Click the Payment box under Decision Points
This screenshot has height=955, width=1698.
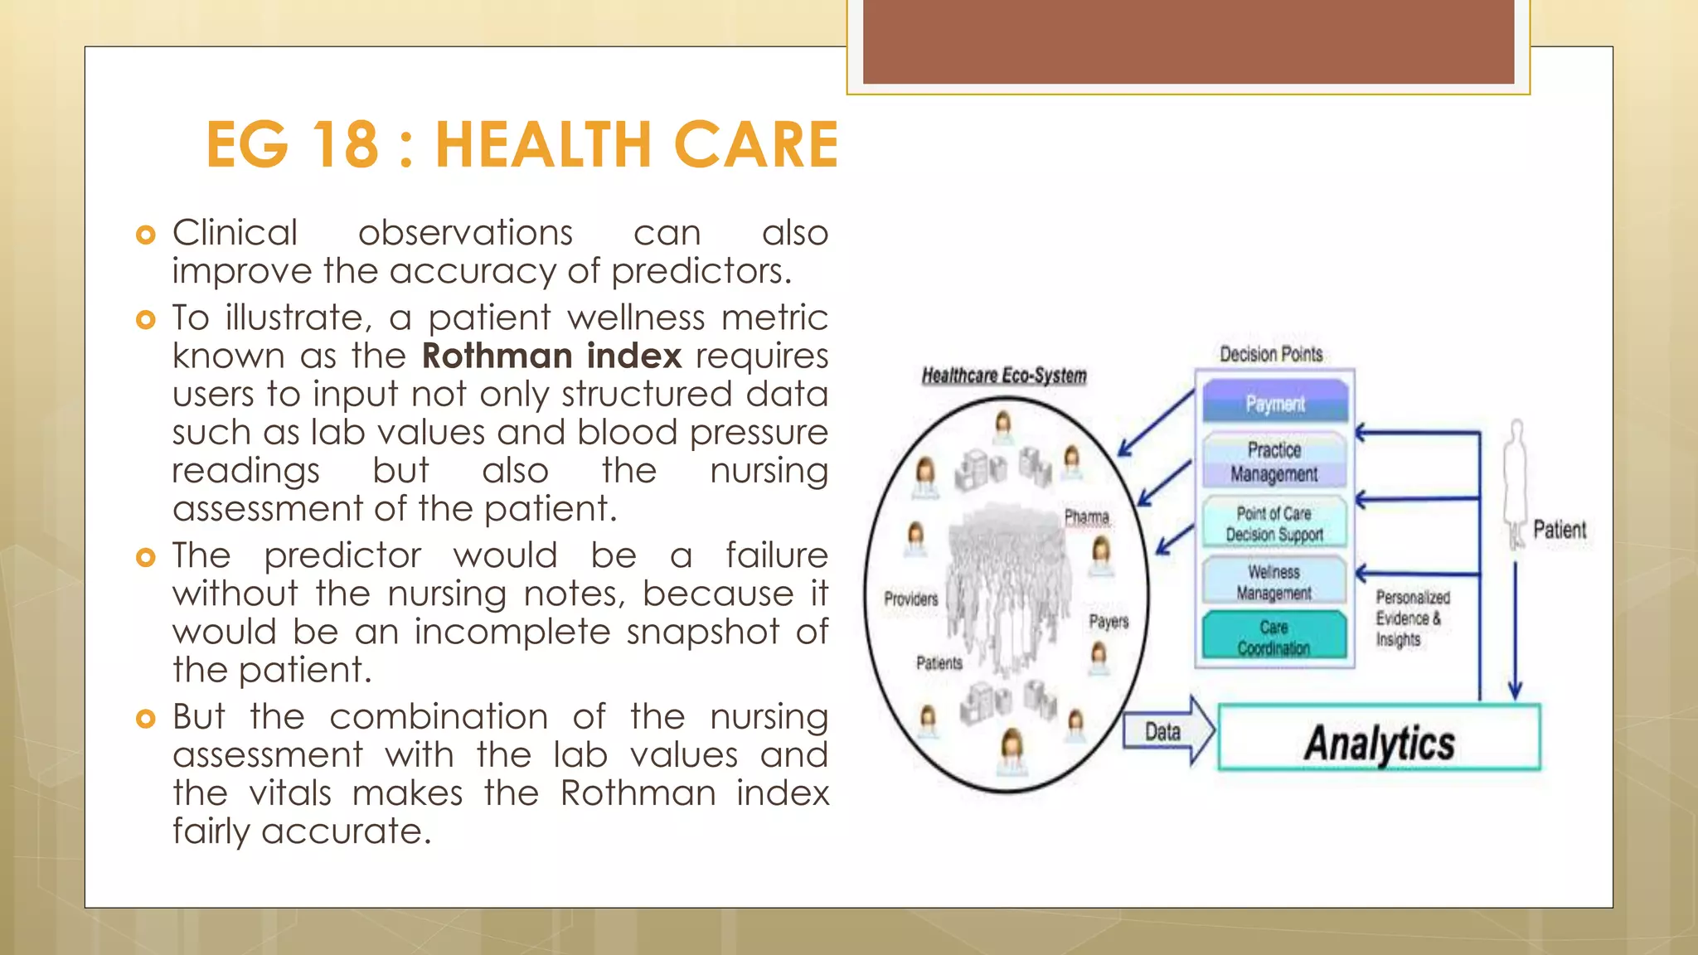point(1274,403)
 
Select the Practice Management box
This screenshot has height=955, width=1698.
point(1274,462)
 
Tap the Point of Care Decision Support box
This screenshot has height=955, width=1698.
point(1274,523)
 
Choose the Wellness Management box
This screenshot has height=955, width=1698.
point(1274,582)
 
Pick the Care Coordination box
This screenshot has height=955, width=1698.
point(1274,637)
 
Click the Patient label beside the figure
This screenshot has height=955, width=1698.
point(1559,530)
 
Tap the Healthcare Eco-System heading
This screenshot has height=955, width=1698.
point(1004,376)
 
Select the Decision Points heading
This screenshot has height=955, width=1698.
point(1271,354)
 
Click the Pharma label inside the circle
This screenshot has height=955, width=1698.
point(1086,517)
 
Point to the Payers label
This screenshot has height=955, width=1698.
point(1109,621)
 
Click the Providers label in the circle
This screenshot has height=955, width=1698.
point(910,599)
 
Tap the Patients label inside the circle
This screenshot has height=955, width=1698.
point(939,662)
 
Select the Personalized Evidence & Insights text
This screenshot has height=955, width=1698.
point(1411,618)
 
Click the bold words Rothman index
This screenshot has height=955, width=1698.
point(551,356)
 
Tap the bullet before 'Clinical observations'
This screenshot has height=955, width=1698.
point(145,235)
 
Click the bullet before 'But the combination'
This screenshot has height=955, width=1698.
point(145,719)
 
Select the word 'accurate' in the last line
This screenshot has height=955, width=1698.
point(346,831)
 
